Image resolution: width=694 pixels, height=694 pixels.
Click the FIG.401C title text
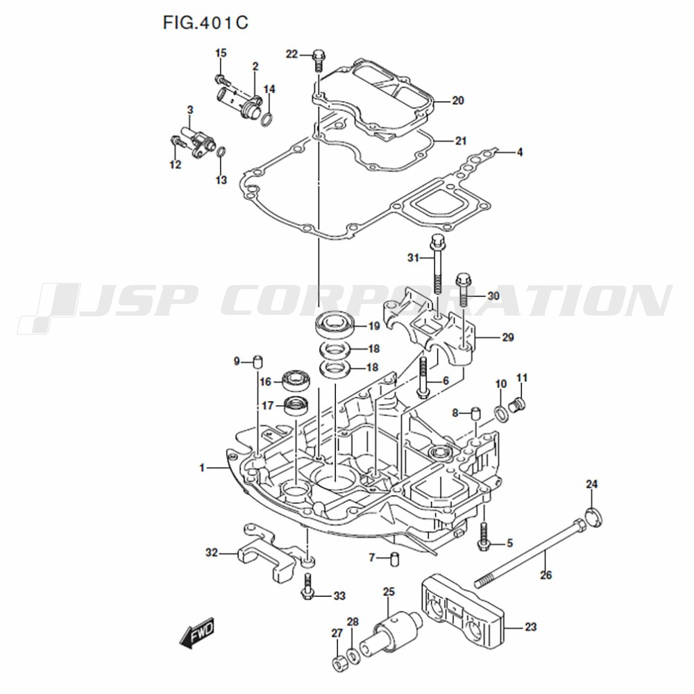point(205,23)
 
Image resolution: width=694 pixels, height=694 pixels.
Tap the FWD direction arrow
point(196,633)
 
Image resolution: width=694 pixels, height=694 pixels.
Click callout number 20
point(457,101)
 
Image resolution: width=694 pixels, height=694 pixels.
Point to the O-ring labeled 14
point(267,119)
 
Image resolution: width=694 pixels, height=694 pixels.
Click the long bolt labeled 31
point(437,264)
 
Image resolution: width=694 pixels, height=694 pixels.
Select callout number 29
point(508,338)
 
